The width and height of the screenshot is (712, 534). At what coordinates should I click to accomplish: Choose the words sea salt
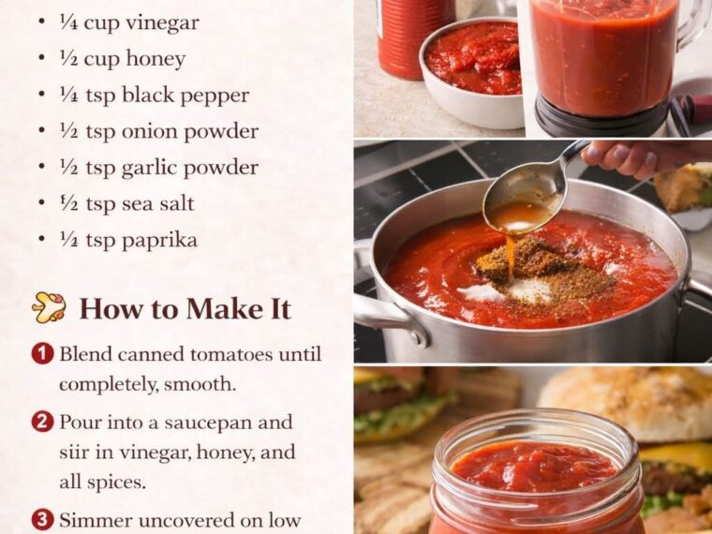pyautogui.click(x=157, y=204)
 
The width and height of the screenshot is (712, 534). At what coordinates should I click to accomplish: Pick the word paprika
pyautogui.click(x=159, y=241)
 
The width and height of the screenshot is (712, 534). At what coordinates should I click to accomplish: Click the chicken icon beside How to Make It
pyautogui.click(x=49, y=307)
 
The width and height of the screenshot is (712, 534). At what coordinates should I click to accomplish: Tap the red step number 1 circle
pyautogui.click(x=42, y=354)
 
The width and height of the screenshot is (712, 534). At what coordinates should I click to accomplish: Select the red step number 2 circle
pyautogui.click(x=42, y=422)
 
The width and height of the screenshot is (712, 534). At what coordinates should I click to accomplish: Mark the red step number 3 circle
pyautogui.click(x=42, y=520)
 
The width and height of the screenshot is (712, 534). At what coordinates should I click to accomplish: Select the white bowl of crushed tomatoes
pyautogui.click(x=471, y=73)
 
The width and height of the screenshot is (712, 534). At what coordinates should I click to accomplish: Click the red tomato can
pyautogui.click(x=414, y=38)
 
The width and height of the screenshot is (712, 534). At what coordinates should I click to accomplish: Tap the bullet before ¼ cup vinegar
pyautogui.click(x=42, y=22)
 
